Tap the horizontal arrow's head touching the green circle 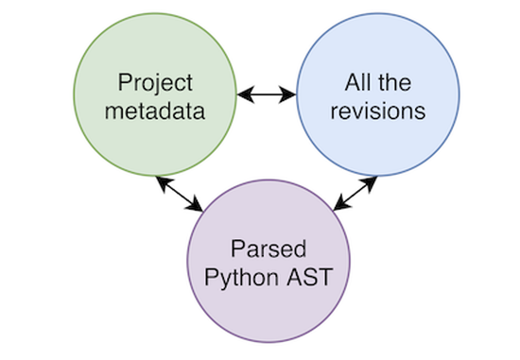tap(242, 94)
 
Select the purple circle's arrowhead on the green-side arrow tap(199, 207)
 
